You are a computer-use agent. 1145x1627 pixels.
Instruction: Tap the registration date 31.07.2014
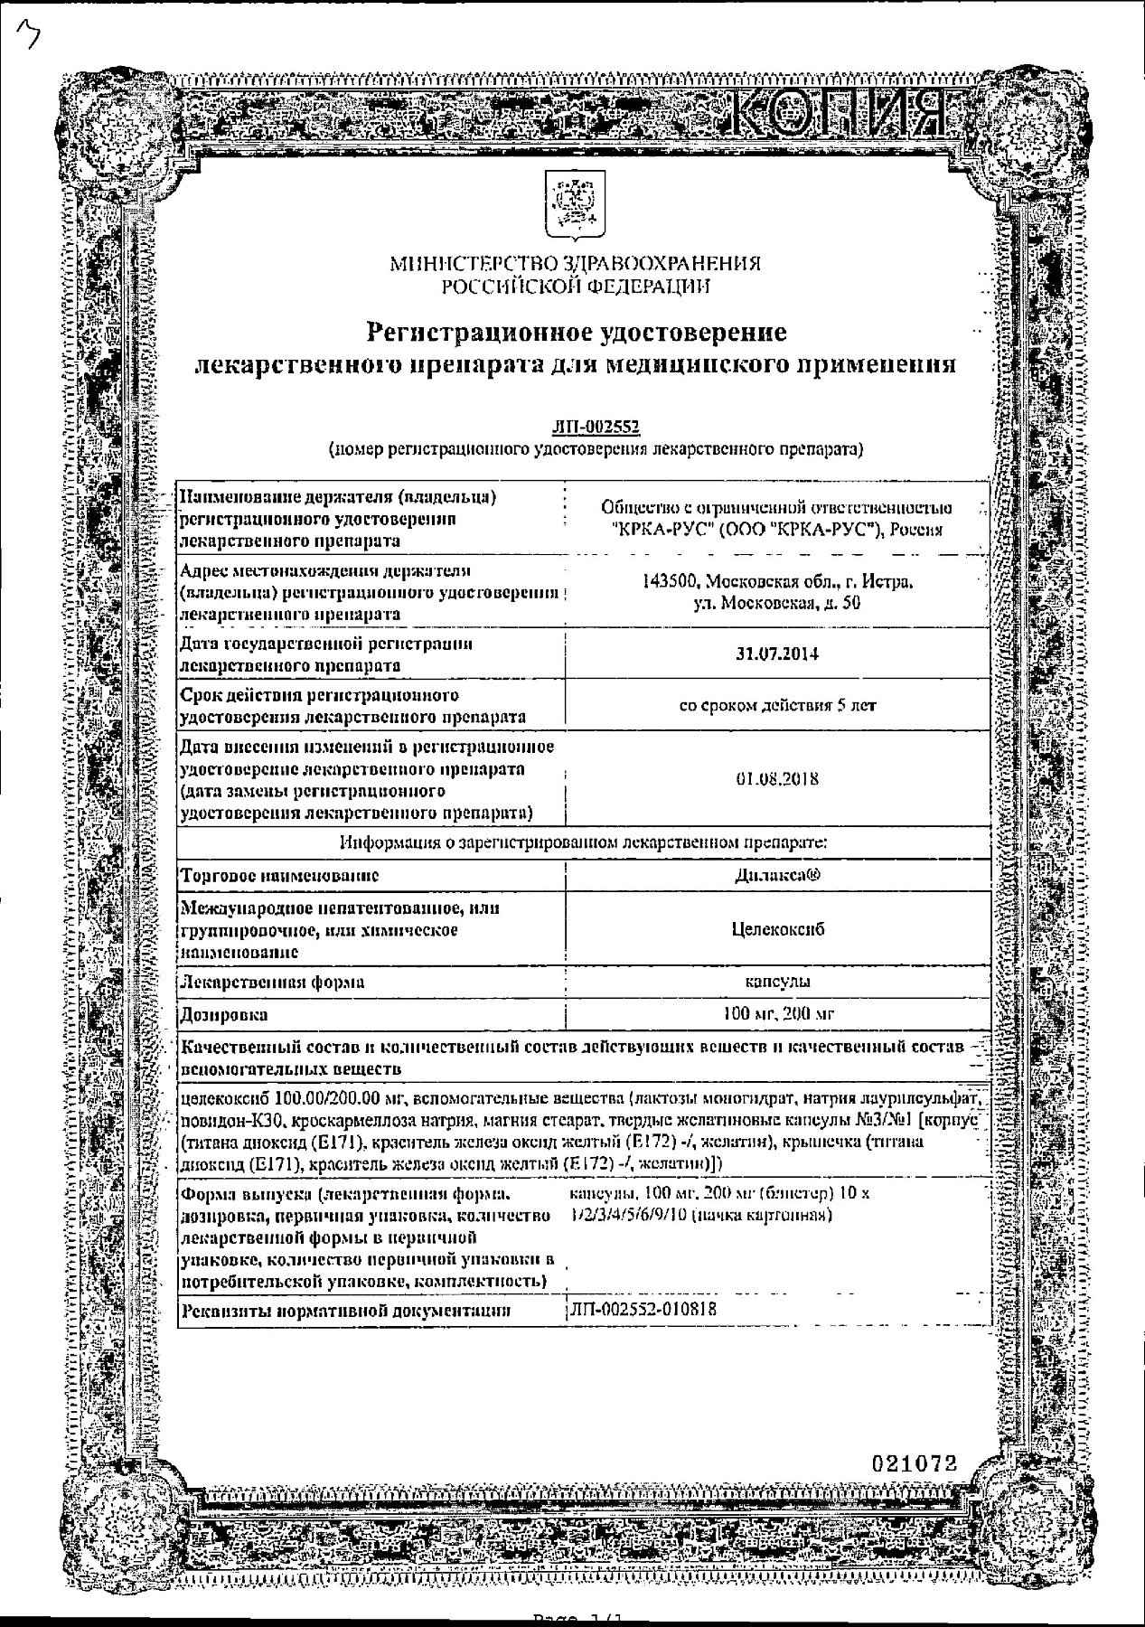777,654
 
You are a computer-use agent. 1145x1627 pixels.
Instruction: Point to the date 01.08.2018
777,778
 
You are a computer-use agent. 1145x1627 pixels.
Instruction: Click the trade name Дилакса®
777,875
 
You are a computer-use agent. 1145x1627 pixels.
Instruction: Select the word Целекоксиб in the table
777,929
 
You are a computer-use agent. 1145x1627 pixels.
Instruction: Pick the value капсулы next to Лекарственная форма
777,982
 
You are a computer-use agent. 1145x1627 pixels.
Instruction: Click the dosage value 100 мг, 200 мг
777,1014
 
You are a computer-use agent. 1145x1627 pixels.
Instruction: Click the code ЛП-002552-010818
644,1309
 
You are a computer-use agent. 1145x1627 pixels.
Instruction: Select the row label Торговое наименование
279,875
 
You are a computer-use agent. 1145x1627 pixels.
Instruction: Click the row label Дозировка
224,1014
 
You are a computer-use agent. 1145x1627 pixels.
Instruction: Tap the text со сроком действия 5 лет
777,706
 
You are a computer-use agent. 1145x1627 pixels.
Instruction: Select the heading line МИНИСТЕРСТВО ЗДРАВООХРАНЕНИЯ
575,264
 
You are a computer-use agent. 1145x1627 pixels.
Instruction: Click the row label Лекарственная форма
272,982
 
